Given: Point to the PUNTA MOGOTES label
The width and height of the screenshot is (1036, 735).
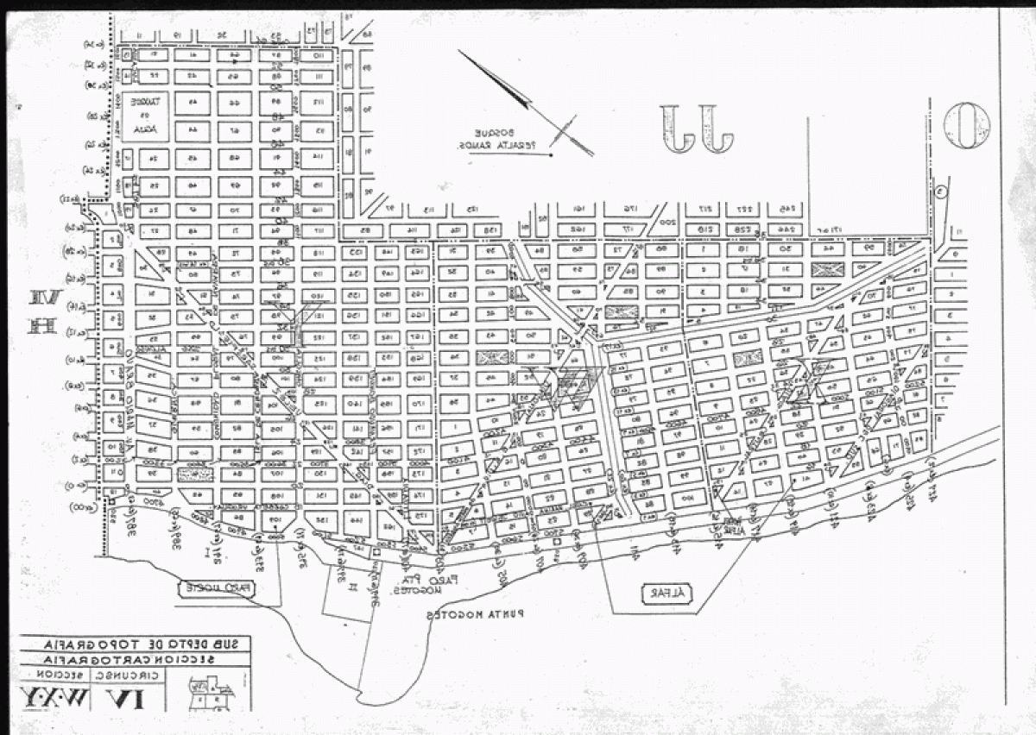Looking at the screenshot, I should click(x=480, y=614).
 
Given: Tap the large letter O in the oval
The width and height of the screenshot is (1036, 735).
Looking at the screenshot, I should click(x=967, y=125).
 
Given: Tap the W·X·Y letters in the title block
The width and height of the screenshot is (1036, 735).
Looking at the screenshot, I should click(x=53, y=694).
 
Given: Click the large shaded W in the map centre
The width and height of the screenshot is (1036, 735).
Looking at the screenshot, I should click(x=566, y=386).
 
